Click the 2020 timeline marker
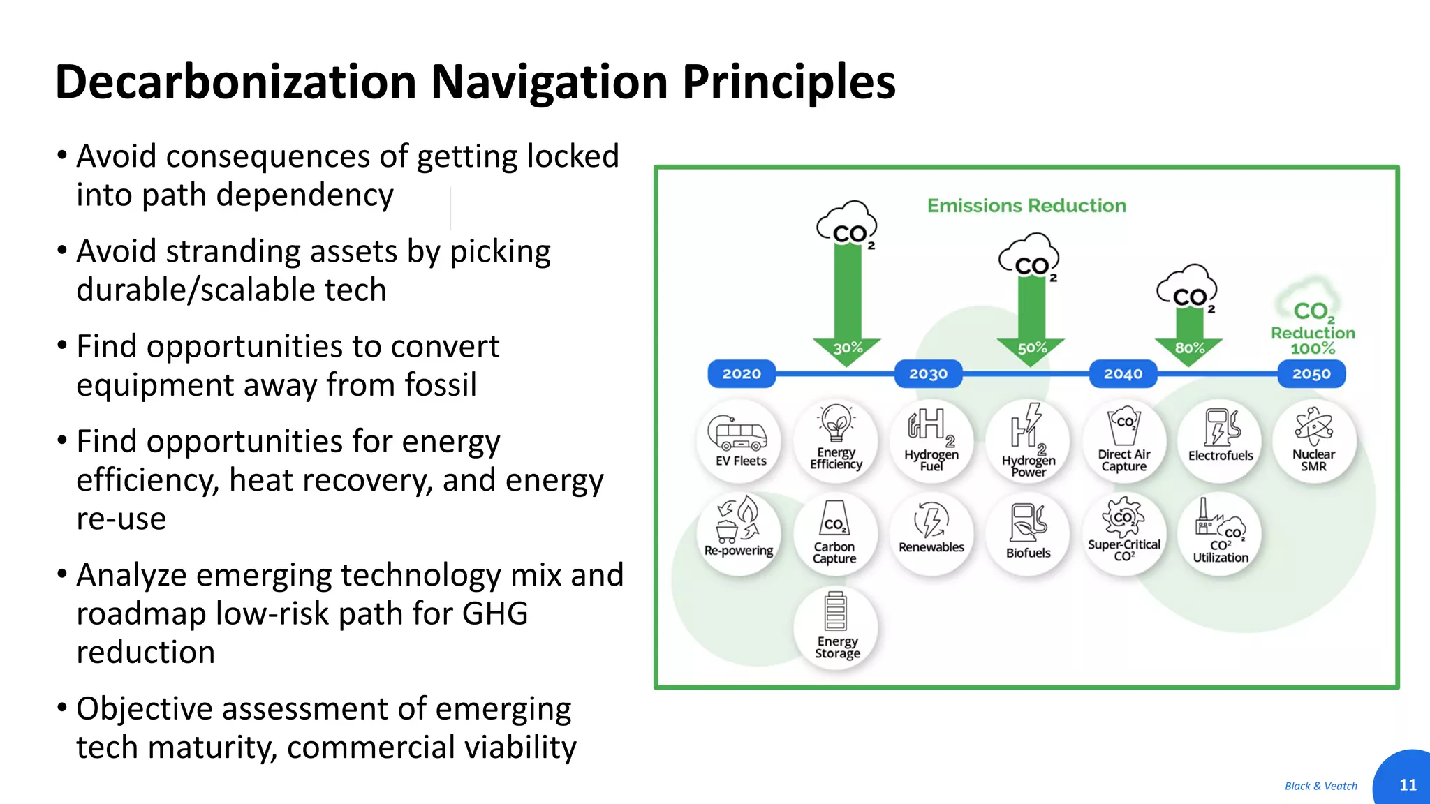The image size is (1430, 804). point(741,374)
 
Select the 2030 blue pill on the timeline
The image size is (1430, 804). point(928,374)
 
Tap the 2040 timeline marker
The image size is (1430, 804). point(1123,374)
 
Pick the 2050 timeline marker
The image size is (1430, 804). point(1311,374)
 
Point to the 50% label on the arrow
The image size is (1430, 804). point(1031,348)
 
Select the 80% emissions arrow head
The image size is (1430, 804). point(1189,348)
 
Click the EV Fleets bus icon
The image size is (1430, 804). point(737,433)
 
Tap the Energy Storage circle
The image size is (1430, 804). point(836,627)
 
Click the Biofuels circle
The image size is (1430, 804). point(1028,534)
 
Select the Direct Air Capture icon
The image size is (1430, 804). point(1123,426)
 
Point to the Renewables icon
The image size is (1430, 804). point(931,520)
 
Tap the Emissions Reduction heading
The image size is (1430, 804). point(1026,206)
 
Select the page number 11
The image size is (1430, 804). point(1408,785)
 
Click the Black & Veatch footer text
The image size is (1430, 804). point(1320,786)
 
